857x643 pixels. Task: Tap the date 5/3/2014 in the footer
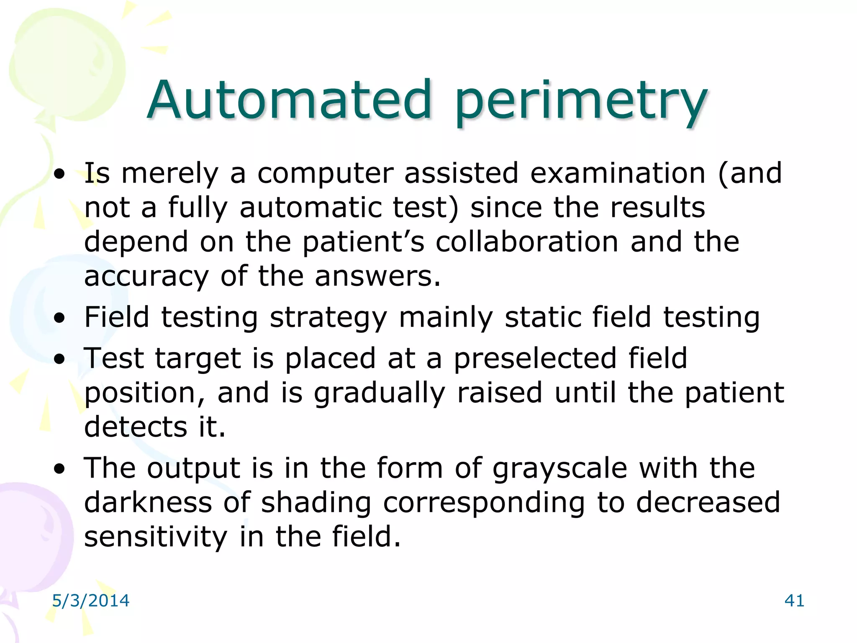(90, 601)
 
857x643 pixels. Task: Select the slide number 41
(794, 601)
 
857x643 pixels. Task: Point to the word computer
(325, 173)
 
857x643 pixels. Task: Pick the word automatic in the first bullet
(310, 208)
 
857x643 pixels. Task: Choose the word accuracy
(146, 277)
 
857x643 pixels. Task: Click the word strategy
(328, 318)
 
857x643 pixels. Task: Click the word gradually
(379, 394)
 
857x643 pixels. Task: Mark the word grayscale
(559, 469)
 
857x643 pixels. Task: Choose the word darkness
(148, 502)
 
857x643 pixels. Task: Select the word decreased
(708, 502)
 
